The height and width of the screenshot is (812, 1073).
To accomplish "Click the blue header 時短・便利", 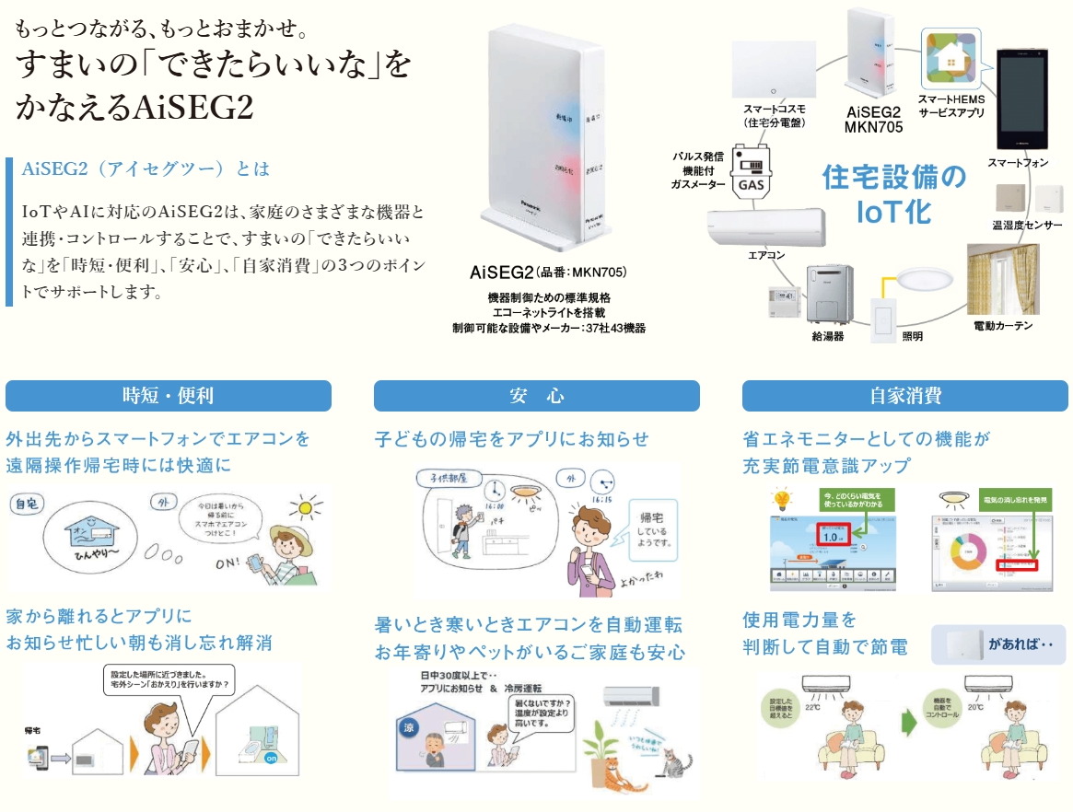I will coord(169,396).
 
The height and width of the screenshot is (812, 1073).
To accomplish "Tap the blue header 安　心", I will coord(536,396).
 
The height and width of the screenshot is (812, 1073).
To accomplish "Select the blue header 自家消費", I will coord(905,396).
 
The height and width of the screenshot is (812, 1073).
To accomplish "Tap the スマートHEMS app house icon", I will coord(951,58).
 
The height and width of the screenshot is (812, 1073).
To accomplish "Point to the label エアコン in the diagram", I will coord(766,254).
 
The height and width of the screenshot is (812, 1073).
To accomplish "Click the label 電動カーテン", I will coord(1003,326).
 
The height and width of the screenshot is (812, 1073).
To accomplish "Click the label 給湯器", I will coord(827,336).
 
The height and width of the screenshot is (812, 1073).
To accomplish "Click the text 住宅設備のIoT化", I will coord(893,193).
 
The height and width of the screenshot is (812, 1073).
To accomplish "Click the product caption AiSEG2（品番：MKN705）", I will coord(548,273).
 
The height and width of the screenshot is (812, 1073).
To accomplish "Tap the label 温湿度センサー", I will coord(1027,226).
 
